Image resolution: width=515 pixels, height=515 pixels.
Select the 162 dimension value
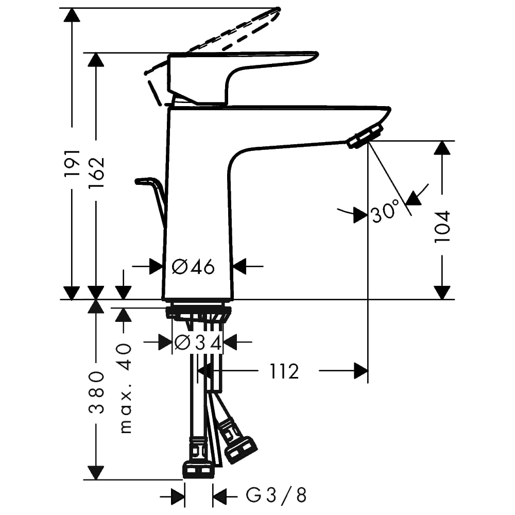click(97, 173)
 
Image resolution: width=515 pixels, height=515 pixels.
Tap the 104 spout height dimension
click(442, 226)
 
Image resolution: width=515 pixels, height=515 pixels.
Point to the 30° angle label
click(385, 211)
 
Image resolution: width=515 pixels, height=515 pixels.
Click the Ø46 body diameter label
click(194, 266)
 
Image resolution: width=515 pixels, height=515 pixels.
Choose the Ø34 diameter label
click(198, 343)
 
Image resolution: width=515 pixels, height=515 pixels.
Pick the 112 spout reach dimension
click(284, 371)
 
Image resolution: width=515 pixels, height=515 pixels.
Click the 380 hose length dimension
click(96, 392)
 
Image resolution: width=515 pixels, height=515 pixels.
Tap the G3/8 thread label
click(276, 495)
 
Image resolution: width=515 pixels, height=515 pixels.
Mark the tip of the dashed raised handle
click(279, 9)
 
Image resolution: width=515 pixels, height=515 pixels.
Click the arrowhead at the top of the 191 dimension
click(72, 15)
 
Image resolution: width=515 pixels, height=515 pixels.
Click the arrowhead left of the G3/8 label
click(178, 495)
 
